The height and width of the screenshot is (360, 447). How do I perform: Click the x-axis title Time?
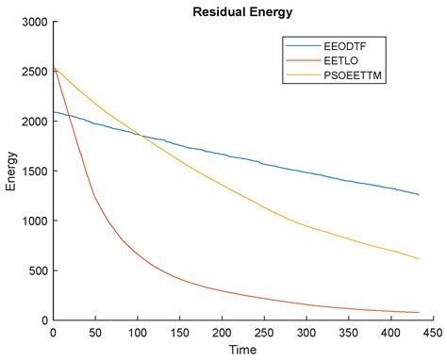[243, 350]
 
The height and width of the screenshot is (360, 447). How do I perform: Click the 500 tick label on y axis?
[39, 271]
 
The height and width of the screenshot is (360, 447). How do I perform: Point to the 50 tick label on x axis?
[94, 333]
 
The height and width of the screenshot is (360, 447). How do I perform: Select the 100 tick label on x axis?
[137, 333]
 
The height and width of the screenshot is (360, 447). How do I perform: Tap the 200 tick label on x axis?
[222, 333]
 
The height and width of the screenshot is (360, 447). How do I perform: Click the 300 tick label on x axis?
[306, 333]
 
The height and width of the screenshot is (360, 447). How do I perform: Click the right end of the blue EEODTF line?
[419, 194]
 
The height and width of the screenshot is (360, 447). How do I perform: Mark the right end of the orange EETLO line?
[419, 313]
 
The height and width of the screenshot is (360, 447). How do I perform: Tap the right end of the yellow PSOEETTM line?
[419, 258]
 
